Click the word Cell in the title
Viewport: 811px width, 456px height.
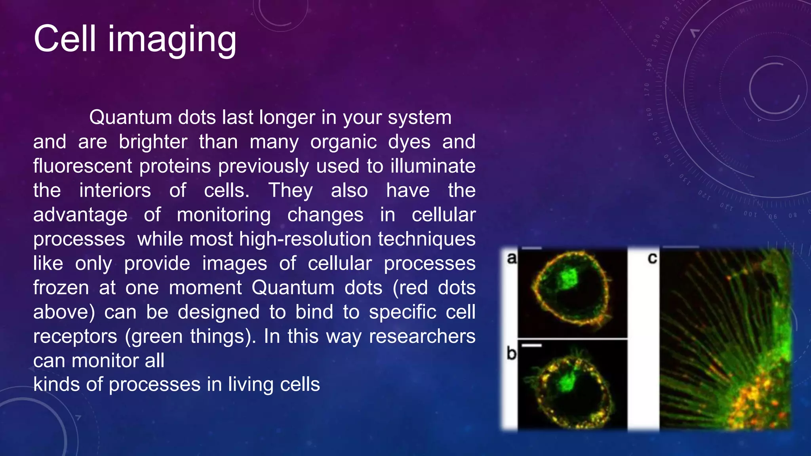[65, 39]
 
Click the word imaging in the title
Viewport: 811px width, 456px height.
[172, 40]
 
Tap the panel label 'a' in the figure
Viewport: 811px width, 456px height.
[512, 258]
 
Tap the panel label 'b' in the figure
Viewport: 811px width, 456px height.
[511, 353]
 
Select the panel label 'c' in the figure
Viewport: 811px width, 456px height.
[652, 258]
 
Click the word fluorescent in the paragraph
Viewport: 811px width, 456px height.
[82, 166]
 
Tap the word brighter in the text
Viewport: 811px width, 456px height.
[153, 142]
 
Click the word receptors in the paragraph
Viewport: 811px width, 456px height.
[75, 336]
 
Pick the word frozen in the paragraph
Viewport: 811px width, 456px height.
[61, 288]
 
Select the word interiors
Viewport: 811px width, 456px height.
[115, 190]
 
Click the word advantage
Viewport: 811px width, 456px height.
[80, 215]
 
